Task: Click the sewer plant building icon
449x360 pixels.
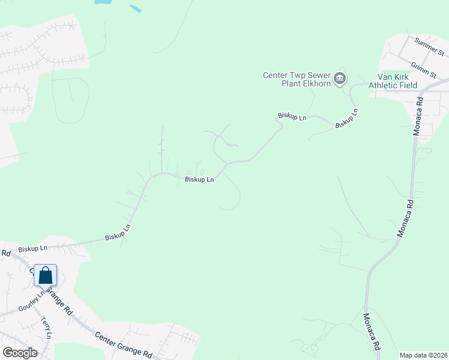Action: [x=340, y=77]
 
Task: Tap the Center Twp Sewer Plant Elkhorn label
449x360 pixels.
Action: [x=298, y=79]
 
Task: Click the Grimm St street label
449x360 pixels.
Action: [x=424, y=70]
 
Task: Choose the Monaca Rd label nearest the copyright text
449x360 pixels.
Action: [x=372, y=331]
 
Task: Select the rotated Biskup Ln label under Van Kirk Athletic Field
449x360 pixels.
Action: [x=347, y=118]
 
